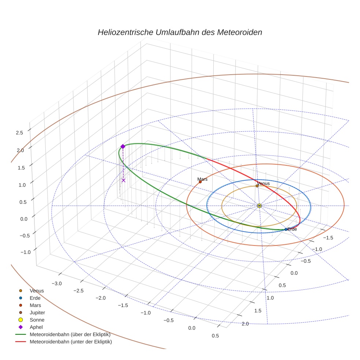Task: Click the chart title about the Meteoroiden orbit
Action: point(180,32)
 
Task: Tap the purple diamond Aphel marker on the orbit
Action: point(123,146)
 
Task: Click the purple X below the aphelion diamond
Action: point(123,180)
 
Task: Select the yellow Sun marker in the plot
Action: point(259,206)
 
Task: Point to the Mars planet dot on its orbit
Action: point(200,182)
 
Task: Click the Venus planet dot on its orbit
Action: point(257,185)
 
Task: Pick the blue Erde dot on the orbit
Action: point(286,229)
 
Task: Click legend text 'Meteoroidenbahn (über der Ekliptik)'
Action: point(70,334)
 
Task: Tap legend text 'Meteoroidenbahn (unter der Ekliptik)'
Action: point(71,342)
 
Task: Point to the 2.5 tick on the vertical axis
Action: point(20,133)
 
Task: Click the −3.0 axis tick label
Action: point(57,284)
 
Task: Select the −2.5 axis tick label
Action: point(79,290)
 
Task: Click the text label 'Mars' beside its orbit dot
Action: point(202,179)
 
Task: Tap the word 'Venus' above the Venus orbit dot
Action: point(263,183)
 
